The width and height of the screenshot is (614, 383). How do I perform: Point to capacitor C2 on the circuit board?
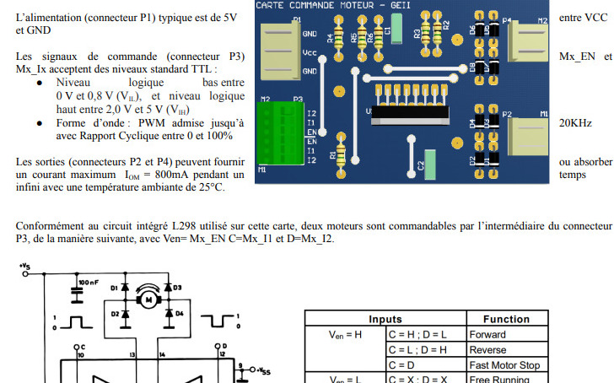coord(431,160)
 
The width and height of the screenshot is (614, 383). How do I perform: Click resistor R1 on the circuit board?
coord(342,154)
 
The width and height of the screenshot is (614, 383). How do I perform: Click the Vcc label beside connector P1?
coord(310,52)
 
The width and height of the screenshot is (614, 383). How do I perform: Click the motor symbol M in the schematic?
coord(150,298)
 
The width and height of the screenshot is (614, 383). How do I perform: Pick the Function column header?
coord(506,320)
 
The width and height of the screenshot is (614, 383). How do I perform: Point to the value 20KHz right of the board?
coord(575,123)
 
